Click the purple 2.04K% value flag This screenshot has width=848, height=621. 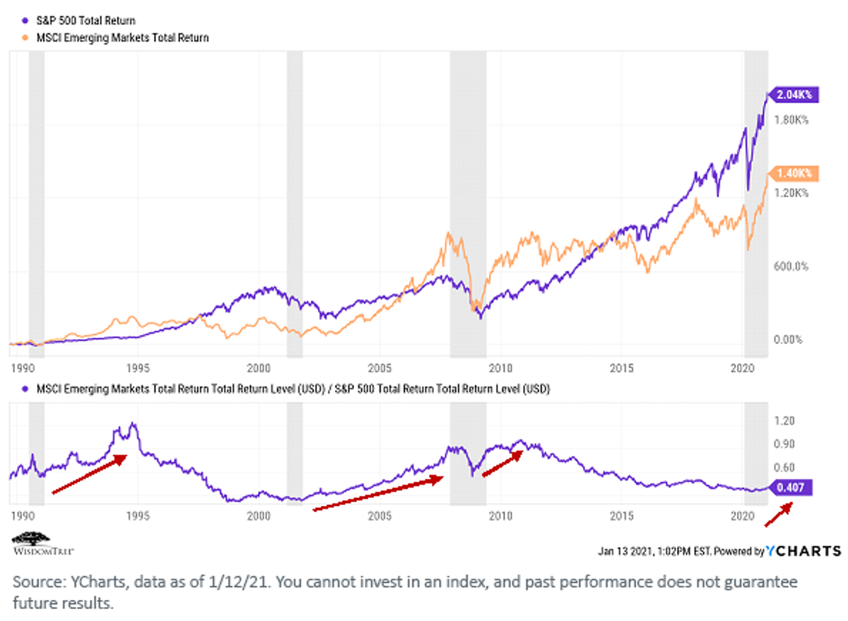[793, 95]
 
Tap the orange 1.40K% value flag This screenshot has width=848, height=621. [793, 174]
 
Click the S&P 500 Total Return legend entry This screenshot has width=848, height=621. [79, 20]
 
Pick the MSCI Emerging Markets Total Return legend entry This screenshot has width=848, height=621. [116, 38]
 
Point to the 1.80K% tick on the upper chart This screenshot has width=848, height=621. [791, 120]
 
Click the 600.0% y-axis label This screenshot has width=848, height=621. [791, 266]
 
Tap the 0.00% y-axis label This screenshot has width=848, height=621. [788, 339]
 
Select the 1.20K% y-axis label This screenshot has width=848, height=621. [791, 194]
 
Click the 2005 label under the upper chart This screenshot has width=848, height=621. [379, 368]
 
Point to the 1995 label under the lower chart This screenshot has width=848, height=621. [138, 516]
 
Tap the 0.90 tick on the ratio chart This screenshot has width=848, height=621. [784, 444]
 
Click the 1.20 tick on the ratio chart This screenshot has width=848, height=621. [784, 421]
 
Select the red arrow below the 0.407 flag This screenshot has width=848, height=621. [779, 514]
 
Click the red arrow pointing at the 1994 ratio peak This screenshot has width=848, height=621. [89, 474]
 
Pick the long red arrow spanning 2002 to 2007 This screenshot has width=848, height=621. [379, 493]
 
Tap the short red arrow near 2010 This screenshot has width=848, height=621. [502, 463]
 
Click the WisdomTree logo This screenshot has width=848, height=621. [43, 543]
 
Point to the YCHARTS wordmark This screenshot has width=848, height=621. [803, 551]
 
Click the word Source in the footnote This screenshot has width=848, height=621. [40, 581]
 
